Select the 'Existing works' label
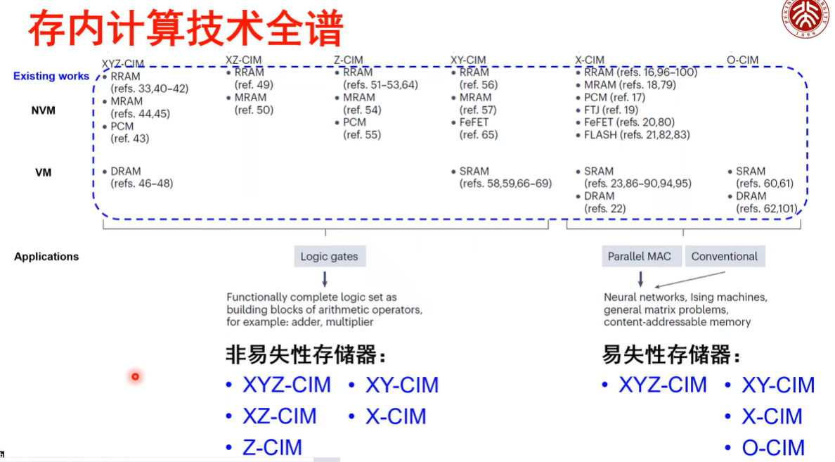click(51, 76)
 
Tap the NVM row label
click(43, 110)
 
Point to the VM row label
click(43, 172)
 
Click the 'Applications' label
click(46, 257)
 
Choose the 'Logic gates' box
click(329, 257)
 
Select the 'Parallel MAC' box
click(640, 257)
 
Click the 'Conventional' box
click(724, 257)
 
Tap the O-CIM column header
click(742, 60)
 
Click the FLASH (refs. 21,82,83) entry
click(636, 134)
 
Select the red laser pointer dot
click(135, 377)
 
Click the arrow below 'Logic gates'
click(325, 278)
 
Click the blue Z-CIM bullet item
click(272, 447)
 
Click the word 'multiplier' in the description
click(349, 322)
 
